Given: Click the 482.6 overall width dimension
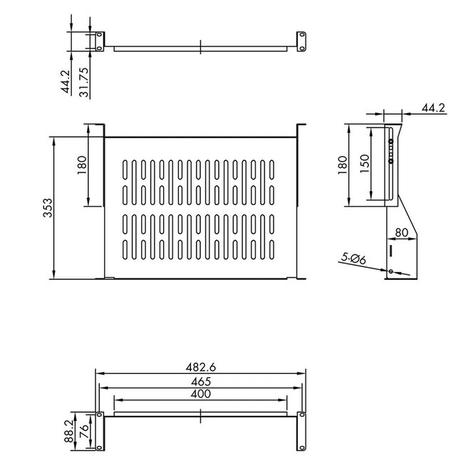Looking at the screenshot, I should (202, 367).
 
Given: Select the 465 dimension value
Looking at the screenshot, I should (202, 382).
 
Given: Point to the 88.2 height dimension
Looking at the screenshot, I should (68, 430).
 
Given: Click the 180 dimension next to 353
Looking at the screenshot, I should (82, 165).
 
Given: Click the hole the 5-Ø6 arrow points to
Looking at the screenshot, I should (391, 271).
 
